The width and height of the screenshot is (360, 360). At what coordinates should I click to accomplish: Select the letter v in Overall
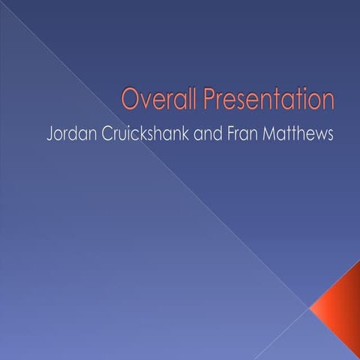tap(142, 100)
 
